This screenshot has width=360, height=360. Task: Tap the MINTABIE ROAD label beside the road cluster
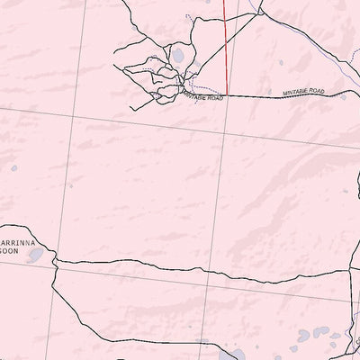202,95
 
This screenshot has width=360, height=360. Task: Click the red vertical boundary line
224,45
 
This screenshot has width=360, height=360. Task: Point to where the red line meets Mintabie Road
226,94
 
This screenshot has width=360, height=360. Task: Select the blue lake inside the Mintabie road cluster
178,59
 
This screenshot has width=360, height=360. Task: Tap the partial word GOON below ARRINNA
10,253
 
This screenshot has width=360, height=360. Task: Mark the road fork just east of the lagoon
57,261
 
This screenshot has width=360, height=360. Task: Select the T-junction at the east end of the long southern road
346,267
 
